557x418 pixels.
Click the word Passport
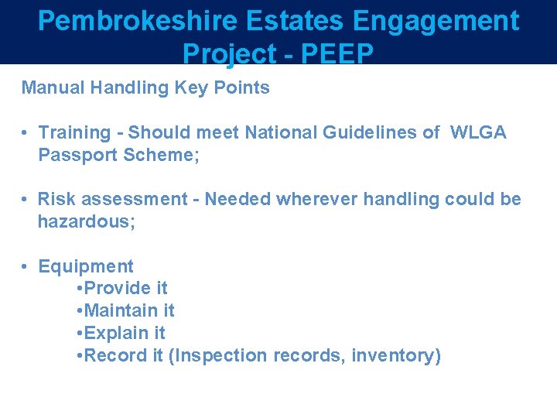point(76,155)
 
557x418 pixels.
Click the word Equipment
point(86,266)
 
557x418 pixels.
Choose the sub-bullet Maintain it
point(129,311)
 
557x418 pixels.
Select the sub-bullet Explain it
point(125,334)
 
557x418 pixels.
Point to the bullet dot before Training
point(26,132)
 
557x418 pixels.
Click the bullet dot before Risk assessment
point(26,199)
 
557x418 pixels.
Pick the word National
point(279,132)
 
